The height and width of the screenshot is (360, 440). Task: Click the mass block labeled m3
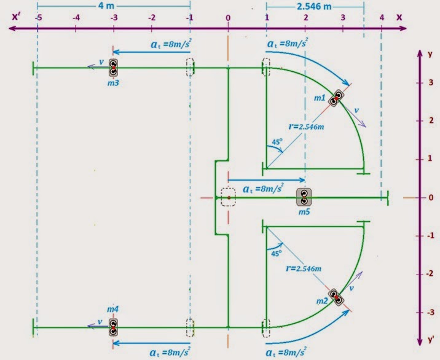click(x=114, y=67)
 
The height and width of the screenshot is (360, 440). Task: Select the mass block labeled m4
click(x=114, y=327)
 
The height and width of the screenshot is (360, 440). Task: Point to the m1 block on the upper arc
click(x=336, y=98)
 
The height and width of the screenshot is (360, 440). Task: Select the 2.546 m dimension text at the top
click(x=315, y=7)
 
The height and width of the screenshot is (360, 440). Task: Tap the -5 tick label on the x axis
click(x=38, y=18)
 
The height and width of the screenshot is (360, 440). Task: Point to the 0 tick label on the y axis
click(x=431, y=198)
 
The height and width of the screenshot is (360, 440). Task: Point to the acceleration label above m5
click(x=264, y=188)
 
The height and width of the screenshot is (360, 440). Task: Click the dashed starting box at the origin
click(x=228, y=197)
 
